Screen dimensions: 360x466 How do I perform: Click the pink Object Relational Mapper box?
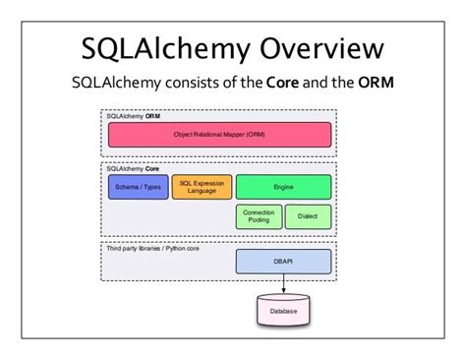coord(219,135)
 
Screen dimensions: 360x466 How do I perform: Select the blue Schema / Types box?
coord(138,187)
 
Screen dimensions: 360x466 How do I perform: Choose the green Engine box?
coord(283,187)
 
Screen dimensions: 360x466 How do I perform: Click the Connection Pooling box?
coord(258,217)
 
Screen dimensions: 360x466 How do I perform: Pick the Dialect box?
coord(308,217)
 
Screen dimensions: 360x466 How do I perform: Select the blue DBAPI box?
coord(283,261)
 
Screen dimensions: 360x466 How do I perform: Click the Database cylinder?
coord(283,311)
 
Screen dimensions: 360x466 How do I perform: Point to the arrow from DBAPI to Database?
coord(283,283)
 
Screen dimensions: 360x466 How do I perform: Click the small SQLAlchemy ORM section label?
coord(134,116)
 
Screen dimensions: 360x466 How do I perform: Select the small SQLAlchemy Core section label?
coord(134,168)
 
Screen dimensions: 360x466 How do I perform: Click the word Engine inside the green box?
coord(283,187)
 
